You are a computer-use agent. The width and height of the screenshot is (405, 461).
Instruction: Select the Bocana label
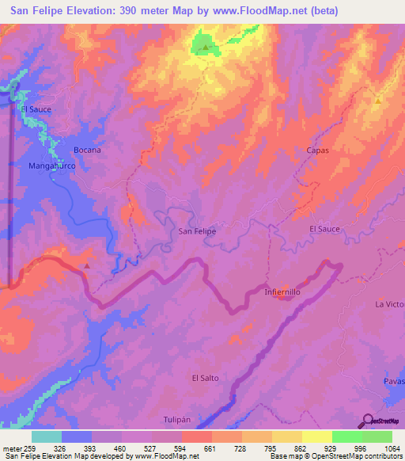click(x=87, y=150)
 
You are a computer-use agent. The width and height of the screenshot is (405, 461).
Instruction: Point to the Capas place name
click(x=316, y=150)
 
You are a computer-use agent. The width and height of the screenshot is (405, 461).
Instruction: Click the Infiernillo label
click(x=282, y=292)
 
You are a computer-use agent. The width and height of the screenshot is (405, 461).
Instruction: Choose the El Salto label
click(x=205, y=379)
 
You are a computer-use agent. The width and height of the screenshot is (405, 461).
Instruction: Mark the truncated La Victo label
click(x=389, y=304)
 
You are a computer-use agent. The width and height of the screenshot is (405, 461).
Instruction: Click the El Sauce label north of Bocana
click(x=36, y=109)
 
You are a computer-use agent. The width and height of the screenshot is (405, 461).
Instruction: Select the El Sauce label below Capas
click(x=324, y=229)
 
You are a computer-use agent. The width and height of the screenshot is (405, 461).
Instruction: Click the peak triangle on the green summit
click(x=206, y=48)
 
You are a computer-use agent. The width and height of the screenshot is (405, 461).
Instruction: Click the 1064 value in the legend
click(x=392, y=448)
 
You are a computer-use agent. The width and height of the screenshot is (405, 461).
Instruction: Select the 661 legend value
click(x=209, y=448)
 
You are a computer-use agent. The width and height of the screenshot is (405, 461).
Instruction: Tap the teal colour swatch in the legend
click(x=46, y=436)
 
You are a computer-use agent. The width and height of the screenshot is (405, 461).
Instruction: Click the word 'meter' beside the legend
click(x=9, y=448)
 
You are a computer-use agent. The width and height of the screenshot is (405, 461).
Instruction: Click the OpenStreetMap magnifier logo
click(x=367, y=420)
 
